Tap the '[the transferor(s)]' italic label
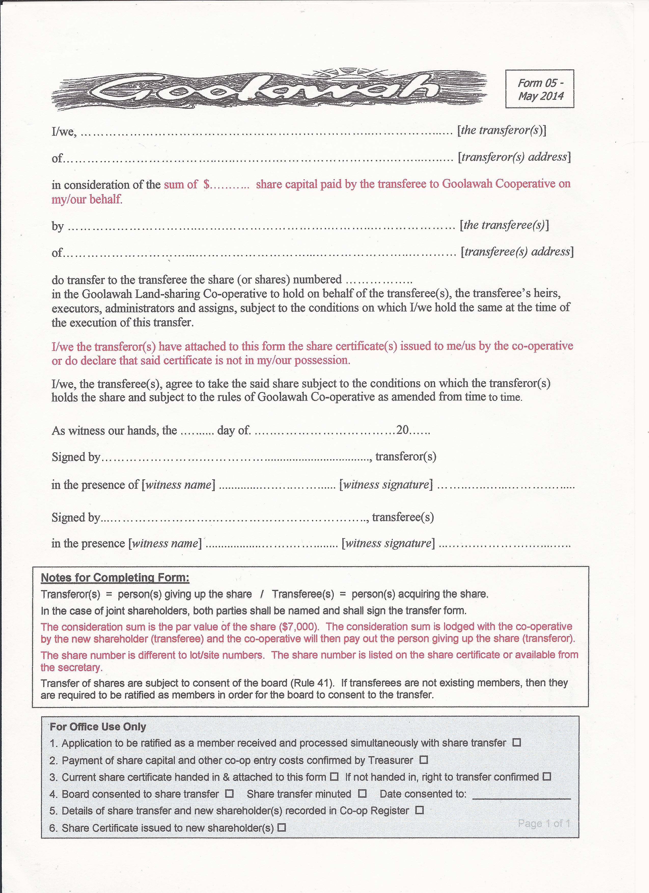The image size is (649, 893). [501, 130]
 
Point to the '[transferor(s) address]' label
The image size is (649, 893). [514, 157]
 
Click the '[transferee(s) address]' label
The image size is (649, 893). [517, 252]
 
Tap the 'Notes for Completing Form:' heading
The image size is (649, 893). [115, 578]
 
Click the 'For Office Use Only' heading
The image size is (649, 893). [98, 726]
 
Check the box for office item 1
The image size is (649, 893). [517, 742]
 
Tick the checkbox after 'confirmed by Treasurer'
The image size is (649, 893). [423, 760]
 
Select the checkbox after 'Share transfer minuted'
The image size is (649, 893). [363, 793]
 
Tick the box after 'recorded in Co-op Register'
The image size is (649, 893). [420, 810]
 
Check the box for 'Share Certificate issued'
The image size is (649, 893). [281, 828]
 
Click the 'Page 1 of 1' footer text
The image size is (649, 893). [544, 823]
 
